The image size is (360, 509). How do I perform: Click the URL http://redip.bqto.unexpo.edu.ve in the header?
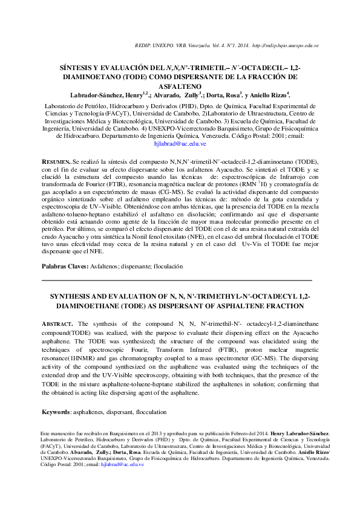(286, 46)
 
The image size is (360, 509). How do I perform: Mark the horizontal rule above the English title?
(176, 280)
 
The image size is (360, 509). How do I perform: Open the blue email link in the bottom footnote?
(123, 464)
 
